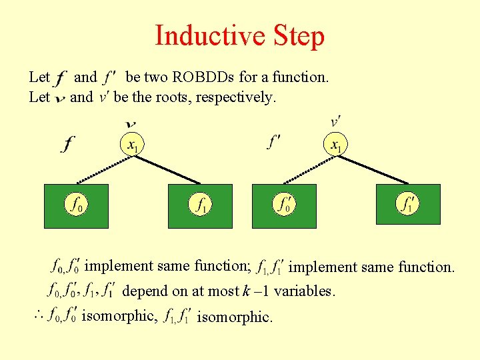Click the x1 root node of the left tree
(x=133, y=144)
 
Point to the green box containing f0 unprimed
(x=76, y=203)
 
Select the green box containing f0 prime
(x=283, y=203)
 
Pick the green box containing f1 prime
(x=408, y=203)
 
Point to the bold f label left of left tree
(x=68, y=143)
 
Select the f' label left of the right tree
(x=274, y=142)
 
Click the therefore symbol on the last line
(x=38, y=315)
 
